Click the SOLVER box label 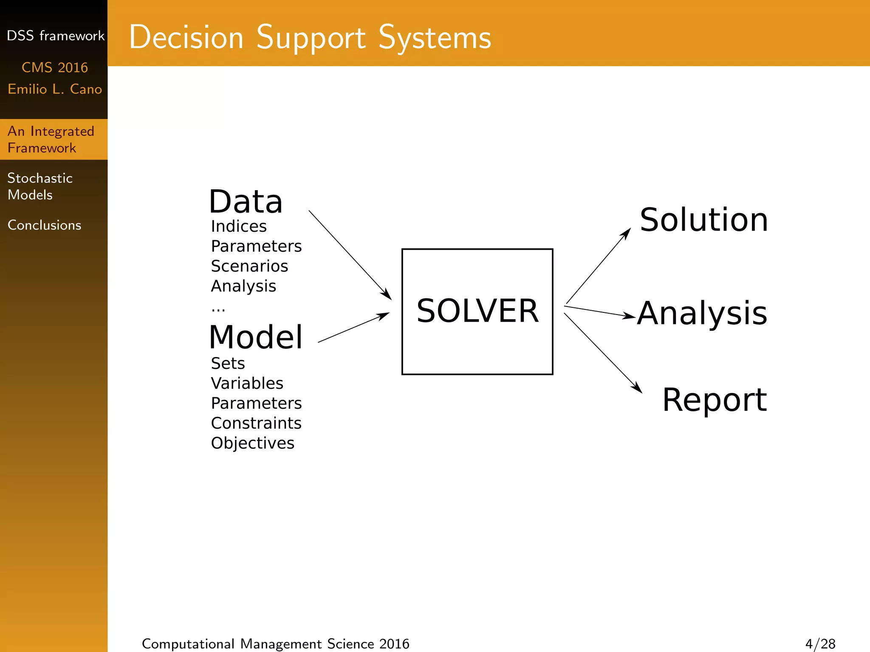(477, 311)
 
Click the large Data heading (246, 202)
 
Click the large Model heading (256, 337)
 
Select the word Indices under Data (239, 226)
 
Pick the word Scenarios (249, 266)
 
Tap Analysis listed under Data (243, 287)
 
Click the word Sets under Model (228, 363)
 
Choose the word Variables (247, 383)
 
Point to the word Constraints (256, 423)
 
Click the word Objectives (252, 443)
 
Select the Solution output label (703, 220)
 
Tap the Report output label (714, 400)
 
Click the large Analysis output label (702, 314)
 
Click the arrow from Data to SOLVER (350, 255)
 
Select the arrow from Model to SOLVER (353, 327)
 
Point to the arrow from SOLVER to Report (602, 352)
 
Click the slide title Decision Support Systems (310, 37)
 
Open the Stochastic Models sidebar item (40, 186)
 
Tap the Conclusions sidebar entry (44, 225)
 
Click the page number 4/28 (820, 644)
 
